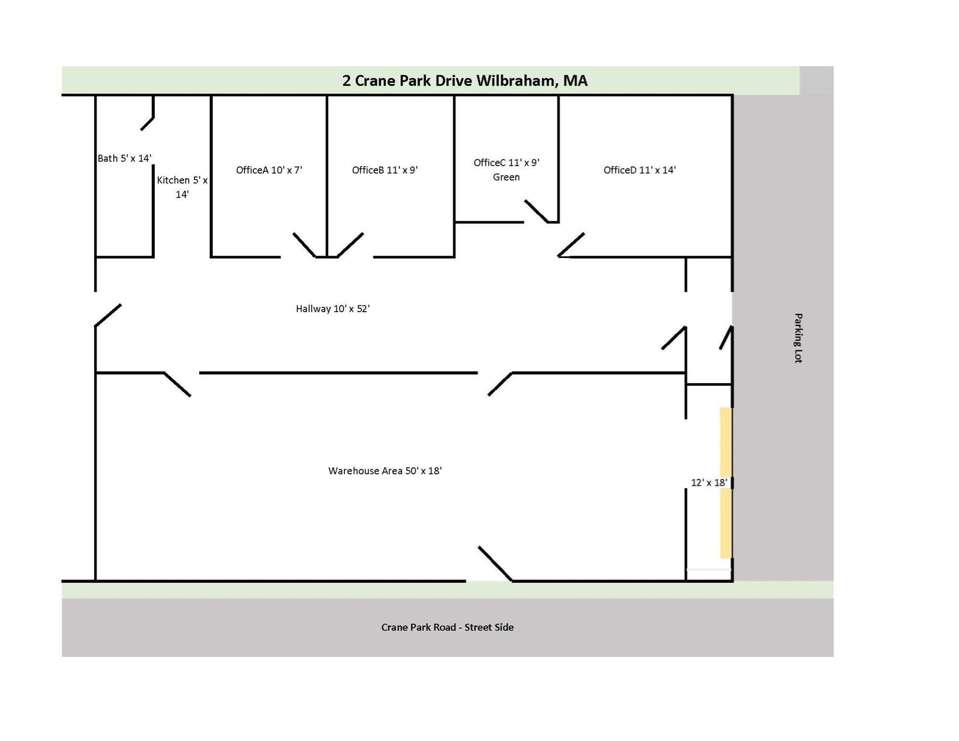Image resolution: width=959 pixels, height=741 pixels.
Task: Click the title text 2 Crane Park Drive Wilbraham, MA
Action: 465,81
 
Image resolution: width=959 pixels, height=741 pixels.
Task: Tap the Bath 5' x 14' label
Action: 124,158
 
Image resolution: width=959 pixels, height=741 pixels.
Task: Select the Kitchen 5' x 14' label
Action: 182,187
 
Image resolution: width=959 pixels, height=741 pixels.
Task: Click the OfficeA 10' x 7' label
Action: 269,170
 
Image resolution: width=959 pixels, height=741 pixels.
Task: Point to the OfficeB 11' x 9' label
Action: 384,170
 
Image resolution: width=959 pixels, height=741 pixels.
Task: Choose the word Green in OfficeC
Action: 506,177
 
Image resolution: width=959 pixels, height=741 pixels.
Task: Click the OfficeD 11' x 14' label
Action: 639,170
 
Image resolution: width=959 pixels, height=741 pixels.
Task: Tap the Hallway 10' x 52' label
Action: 332,309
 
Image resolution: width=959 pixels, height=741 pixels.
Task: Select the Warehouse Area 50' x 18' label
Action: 384,471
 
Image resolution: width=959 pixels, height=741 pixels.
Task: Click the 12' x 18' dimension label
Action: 709,482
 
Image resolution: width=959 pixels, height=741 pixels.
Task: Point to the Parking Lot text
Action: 798,338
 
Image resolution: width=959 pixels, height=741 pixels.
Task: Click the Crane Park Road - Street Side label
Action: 447,627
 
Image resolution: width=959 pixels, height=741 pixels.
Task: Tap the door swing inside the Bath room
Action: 148,123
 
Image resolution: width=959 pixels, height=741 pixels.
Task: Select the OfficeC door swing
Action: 536,211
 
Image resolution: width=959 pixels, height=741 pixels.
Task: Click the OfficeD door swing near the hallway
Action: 571,245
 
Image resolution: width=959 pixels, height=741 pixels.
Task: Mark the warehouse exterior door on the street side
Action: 495,563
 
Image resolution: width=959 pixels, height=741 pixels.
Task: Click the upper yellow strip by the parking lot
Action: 726,441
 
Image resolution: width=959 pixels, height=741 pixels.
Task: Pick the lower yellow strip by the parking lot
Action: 726,523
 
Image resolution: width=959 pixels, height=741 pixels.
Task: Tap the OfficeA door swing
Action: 304,245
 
